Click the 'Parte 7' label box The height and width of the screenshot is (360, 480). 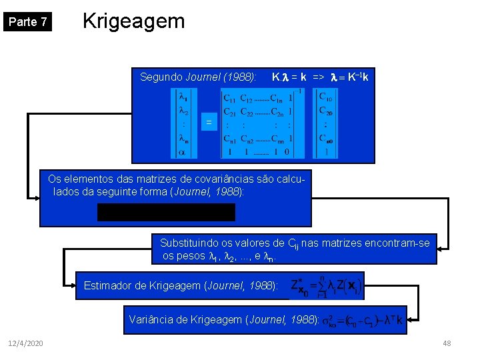[x=27, y=22]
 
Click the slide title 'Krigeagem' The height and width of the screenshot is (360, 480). [x=133, y=21]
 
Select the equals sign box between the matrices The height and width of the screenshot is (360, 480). [x=209, y=122]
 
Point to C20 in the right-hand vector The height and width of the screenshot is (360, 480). [x=326, y=112]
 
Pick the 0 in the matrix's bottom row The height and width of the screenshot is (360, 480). [x=288, y=152]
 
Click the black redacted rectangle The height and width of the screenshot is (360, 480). [x=166, y=212]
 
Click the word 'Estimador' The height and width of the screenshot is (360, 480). [x=107, y=287]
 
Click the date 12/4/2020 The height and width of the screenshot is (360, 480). [x=27, y=343]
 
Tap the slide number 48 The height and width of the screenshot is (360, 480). [x=446, y=343]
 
